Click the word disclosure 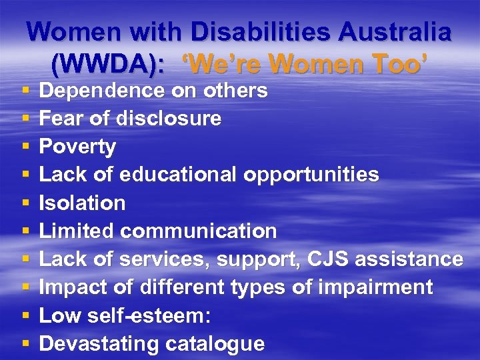[169, 118]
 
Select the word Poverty [77, 146]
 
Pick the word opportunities [311, 175]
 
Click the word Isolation [82, 203]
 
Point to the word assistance [409, 259]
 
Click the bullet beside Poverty [24, 147]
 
